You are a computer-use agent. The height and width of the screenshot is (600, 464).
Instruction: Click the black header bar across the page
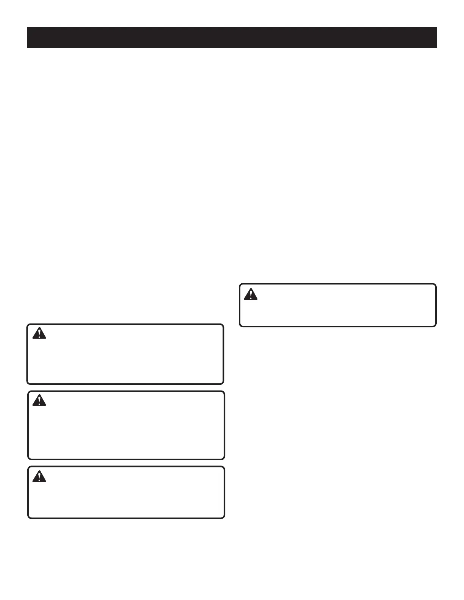click(x=232, y=37)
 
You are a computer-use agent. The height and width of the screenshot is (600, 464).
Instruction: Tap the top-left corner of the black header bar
click(x=27, y=27)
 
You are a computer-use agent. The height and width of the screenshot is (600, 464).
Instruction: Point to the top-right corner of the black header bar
click(x=437, y=27)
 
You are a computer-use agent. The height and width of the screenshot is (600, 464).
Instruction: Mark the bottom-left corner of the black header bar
click(x=27, y=48)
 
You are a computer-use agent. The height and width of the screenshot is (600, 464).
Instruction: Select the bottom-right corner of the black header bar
click(x=437, y=48)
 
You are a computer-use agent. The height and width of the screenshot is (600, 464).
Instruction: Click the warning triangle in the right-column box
click(x=251, y=294)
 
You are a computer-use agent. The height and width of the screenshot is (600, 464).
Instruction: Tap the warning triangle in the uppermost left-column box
click(x=39, y=333)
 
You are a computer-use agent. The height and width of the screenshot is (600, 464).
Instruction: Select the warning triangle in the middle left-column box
click(x=39, y=400)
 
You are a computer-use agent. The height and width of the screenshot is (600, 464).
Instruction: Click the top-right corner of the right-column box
click(x=436, y=284)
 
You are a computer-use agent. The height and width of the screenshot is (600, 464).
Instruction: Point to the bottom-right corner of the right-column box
click(x=436, y=326)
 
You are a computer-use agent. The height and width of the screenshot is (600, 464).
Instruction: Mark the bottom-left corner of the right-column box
click(x=240, y=326)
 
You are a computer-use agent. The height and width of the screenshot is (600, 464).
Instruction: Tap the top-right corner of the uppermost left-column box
click(x=223, y=324)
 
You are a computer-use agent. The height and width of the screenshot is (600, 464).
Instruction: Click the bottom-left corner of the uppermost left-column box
click(x=27, y=384)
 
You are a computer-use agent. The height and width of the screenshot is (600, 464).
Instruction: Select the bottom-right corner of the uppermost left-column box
click(x=223, y=384)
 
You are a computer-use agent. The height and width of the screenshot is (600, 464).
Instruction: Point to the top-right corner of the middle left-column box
click(x=224, y=392)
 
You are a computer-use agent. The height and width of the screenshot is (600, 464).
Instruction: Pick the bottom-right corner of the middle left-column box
click(x=224, y=459)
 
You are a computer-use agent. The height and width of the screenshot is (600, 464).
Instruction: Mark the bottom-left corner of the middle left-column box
click(x=28, y=459)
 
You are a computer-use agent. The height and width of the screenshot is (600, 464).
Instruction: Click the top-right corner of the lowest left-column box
click(x=224, y=467)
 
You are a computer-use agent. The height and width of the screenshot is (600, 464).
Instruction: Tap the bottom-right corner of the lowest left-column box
click(x=224, y=518)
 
